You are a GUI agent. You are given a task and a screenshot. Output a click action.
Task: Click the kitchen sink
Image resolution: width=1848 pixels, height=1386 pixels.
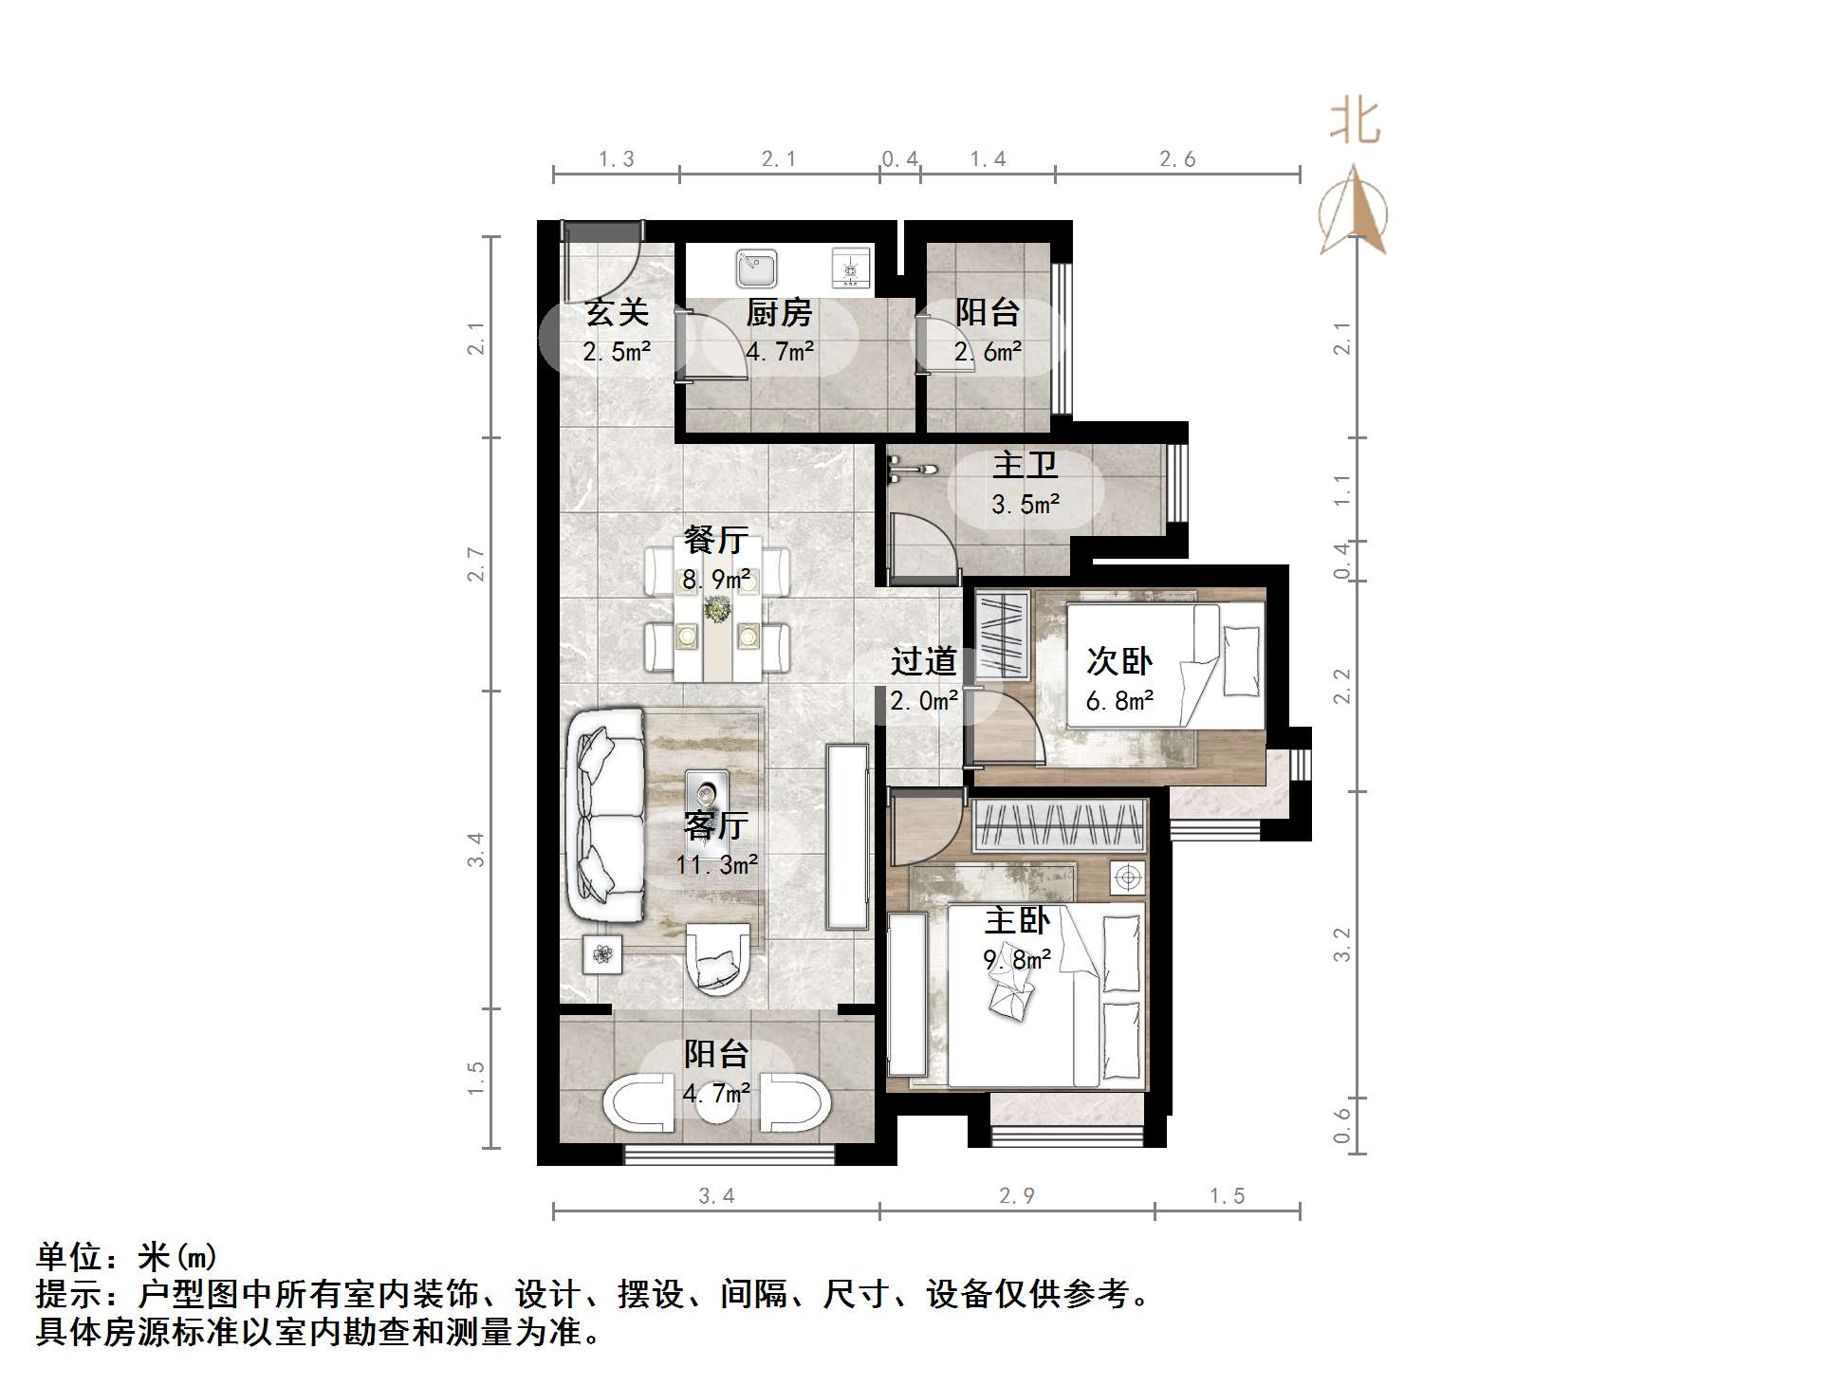[756, 268]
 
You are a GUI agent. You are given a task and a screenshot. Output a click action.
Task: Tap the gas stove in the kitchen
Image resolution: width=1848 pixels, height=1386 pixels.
[850, 268]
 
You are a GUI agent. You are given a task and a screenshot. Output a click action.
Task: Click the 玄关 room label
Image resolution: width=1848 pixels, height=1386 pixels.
[617, 312]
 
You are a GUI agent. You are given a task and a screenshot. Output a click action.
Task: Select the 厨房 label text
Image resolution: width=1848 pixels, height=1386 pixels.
[779, 312]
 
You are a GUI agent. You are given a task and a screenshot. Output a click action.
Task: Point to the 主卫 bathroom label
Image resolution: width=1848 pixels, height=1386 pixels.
[1025, 465]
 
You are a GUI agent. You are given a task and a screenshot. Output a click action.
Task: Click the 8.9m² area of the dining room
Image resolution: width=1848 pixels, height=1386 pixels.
[716, 579]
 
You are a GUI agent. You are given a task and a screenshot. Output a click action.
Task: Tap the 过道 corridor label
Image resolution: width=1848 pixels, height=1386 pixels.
[923, 661]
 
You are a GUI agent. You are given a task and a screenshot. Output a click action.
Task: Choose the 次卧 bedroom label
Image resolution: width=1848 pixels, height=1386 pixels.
[1119, 661]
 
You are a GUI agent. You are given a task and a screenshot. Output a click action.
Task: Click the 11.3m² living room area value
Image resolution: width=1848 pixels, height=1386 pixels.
[716, 864]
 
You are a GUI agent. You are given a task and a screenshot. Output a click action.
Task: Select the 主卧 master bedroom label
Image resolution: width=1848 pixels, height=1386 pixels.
[1017, 920]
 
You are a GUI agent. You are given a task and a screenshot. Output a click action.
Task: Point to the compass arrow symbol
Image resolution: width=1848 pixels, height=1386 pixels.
[1354, 213]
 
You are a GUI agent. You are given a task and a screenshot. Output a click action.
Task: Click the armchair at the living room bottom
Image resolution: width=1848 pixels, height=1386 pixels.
[717, 957]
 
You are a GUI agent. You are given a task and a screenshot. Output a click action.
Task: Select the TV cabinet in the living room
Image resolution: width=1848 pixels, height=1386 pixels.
[847, 837]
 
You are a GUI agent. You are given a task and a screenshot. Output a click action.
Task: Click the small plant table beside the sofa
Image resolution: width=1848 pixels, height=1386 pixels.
[602, 953]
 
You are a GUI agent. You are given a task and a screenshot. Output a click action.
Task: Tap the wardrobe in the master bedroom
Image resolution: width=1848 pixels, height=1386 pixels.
[1059, 824]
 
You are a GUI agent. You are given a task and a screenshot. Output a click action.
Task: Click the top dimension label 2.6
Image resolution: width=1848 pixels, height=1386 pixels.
[1177, 159]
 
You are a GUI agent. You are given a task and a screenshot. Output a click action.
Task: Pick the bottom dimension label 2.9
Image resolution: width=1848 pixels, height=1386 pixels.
[1017, 1195]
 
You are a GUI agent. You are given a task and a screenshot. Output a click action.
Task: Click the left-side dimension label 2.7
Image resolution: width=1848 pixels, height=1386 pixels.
[476, 565]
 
